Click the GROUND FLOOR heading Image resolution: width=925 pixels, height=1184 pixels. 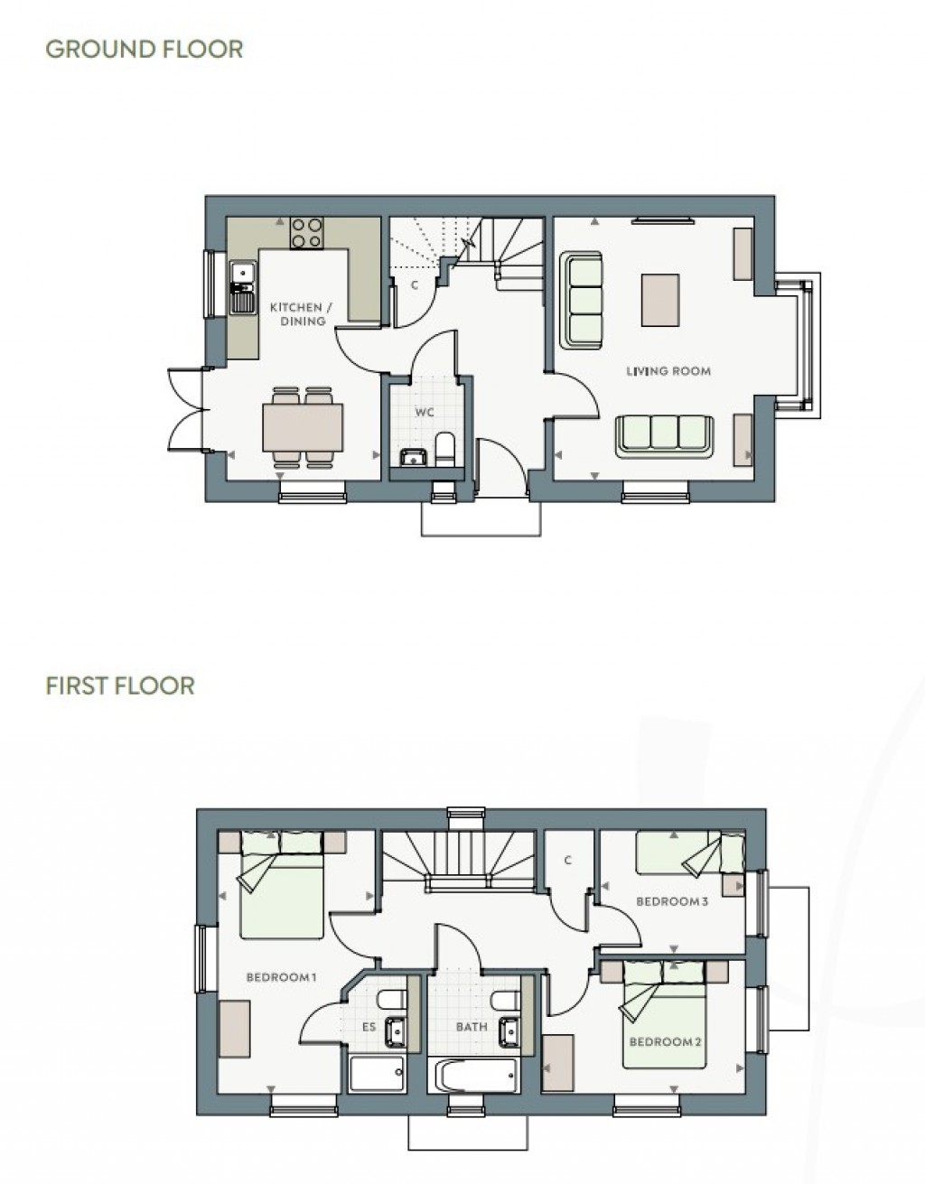click(x=144, y=49)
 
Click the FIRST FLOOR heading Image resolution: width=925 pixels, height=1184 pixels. click(x=120, y=685)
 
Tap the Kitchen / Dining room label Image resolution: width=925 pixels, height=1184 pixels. click(x=302, y=314)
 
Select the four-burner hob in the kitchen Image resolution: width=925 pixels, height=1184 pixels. click(x=307, y=233)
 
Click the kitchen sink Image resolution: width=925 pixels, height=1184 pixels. click(x=241, y=286)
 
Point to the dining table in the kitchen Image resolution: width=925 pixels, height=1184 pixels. click(x=304, y=427)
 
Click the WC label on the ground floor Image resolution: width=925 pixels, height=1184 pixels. click(x=425, y=413)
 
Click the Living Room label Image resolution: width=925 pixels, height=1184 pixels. click(x=668, y=371)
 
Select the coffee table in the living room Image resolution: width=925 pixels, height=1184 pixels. click(x=659, y=300)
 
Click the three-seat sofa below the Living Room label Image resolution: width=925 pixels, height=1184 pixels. click(x=665, y=434)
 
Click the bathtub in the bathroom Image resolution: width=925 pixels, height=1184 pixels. click(x=476, y=1075)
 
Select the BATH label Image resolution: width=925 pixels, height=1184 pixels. click(x=472, y=1027)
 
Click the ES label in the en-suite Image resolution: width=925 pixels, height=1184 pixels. click(x=369, y=1027)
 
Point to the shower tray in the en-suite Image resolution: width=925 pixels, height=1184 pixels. click(x=378, y=1074)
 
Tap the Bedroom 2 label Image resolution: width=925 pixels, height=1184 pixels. click(x=666, y=1042)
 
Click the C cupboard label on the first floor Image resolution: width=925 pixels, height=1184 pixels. click(x=568, y=861)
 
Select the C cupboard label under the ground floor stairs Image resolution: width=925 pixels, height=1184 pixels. click(x=415, y=285)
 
